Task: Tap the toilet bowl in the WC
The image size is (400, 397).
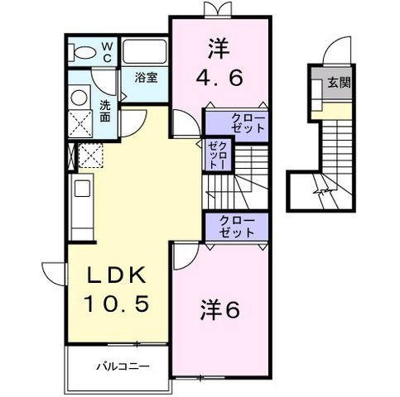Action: pos(82,53)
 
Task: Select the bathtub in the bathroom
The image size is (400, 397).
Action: pos(144,52)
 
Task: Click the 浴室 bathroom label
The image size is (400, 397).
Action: pos(146,78)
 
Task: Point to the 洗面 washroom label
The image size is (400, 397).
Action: pos(105,111)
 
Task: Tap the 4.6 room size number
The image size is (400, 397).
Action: pos(219,78)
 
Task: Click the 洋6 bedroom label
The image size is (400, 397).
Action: pos(220,311)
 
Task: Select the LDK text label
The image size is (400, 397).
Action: pos(117,275)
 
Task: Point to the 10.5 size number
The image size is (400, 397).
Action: pos(118,304)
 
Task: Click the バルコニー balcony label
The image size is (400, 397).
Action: pos(123,366)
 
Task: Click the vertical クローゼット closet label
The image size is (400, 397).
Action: pos(219,155)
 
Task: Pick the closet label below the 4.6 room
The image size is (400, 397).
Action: pos(248,123)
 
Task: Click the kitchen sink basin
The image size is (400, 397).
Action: pos(82,189)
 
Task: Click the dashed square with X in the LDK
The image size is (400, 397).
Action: pos(91,155)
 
